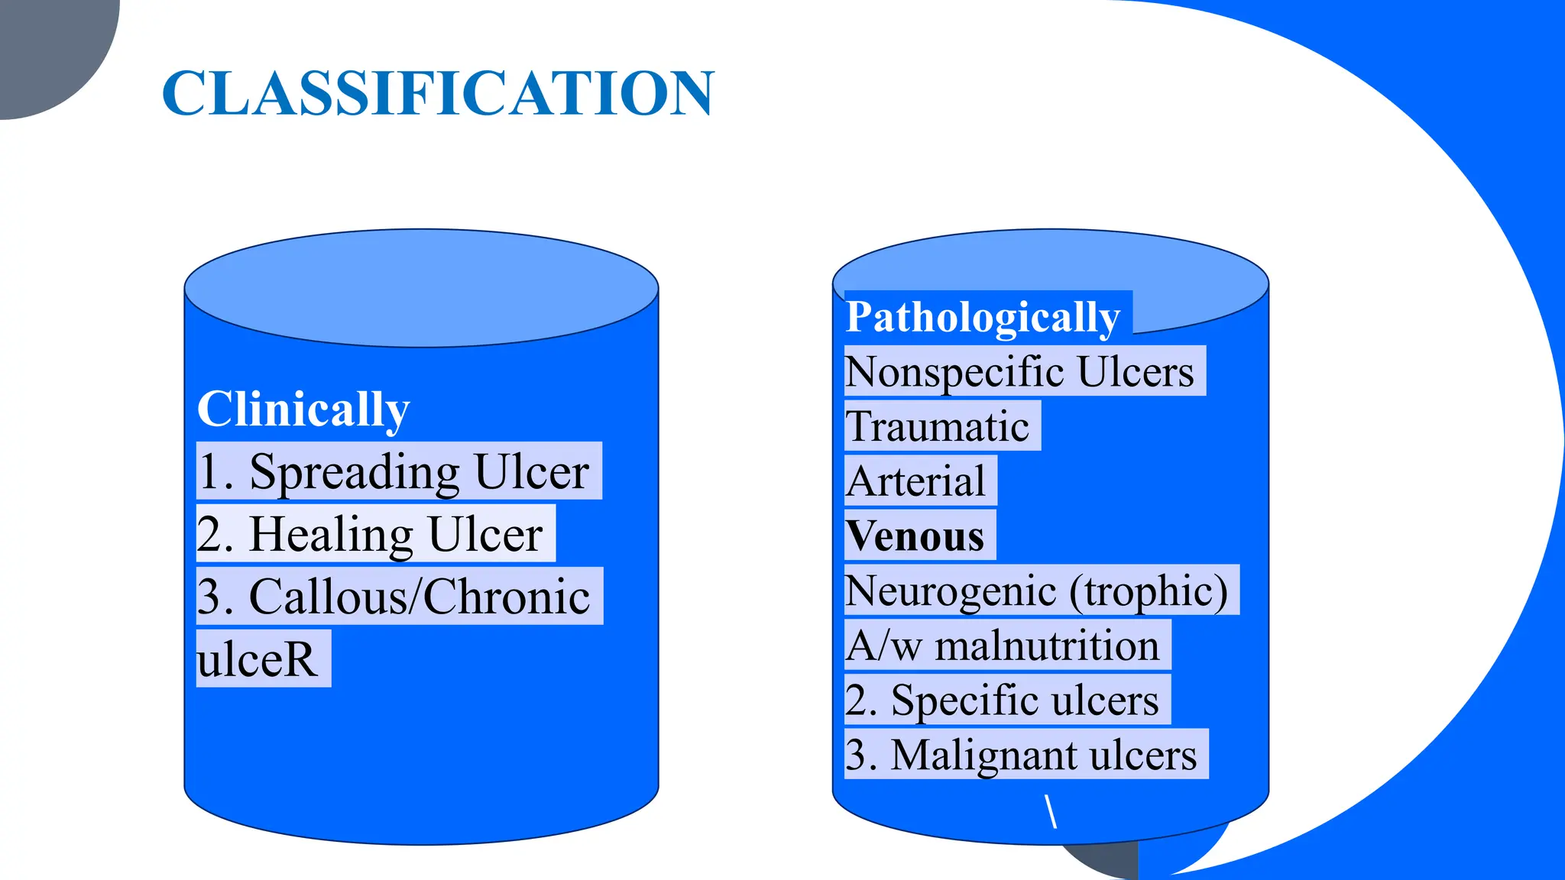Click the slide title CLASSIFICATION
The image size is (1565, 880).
(x=438, y=93)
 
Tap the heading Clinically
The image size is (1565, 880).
(x=303, y=409)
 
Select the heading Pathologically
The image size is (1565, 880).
(x=983, y=316)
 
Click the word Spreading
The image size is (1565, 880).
(x=355, y=471)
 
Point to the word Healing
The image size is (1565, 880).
(x=332, y=534)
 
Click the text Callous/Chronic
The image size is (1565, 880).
(x=420, y=597)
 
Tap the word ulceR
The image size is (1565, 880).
(x=257, y=659)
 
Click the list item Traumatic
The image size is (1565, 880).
(x=938, y=426)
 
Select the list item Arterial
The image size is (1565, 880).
(x=917, y=481)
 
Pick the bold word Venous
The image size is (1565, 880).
(x=915, y=536)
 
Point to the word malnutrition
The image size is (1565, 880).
(x=1047, y=645)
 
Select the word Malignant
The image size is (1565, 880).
(x=983, y=755)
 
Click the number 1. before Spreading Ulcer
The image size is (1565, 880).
(x=215, y=471)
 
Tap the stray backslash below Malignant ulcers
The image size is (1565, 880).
(x=1051, y=811)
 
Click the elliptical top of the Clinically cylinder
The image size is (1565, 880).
(x=421, y=287)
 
